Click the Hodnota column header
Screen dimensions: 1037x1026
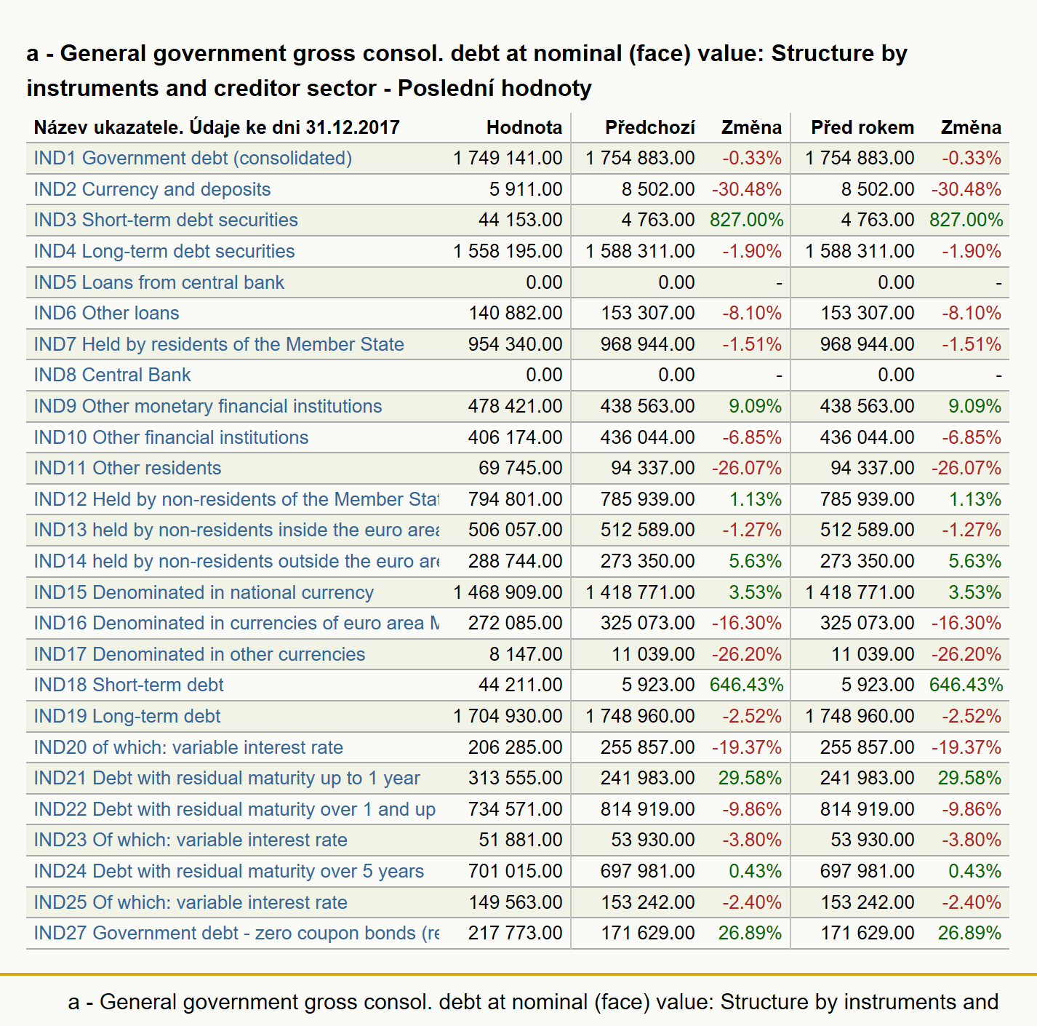click(524, 127)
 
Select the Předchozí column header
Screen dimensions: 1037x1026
click(649, 127)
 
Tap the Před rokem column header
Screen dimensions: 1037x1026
click(862, 127)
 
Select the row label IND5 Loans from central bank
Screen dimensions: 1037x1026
click(159, 282)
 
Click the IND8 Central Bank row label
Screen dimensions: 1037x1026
click(112, 375)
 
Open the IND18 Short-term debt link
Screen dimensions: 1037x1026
click(128, 685)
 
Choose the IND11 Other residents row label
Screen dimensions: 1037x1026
click(127, 468)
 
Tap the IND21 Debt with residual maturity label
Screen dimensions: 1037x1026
click(227, 779)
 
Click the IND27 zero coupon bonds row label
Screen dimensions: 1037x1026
click(236, 934)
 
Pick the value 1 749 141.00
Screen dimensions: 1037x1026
click(508, 159)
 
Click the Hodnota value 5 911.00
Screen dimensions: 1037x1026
click(526, 190)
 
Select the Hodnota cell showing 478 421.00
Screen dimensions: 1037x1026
click(515, 406)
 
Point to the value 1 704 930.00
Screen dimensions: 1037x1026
click(508, 716)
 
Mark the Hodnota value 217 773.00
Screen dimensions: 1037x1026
click(515, 934)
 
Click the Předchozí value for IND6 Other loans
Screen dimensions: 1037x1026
click(647, 313)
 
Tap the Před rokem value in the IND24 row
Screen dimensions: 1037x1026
click(867, 872)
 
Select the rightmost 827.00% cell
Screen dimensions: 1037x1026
click(966, 220)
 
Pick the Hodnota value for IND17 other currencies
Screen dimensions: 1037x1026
click(526, 654)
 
